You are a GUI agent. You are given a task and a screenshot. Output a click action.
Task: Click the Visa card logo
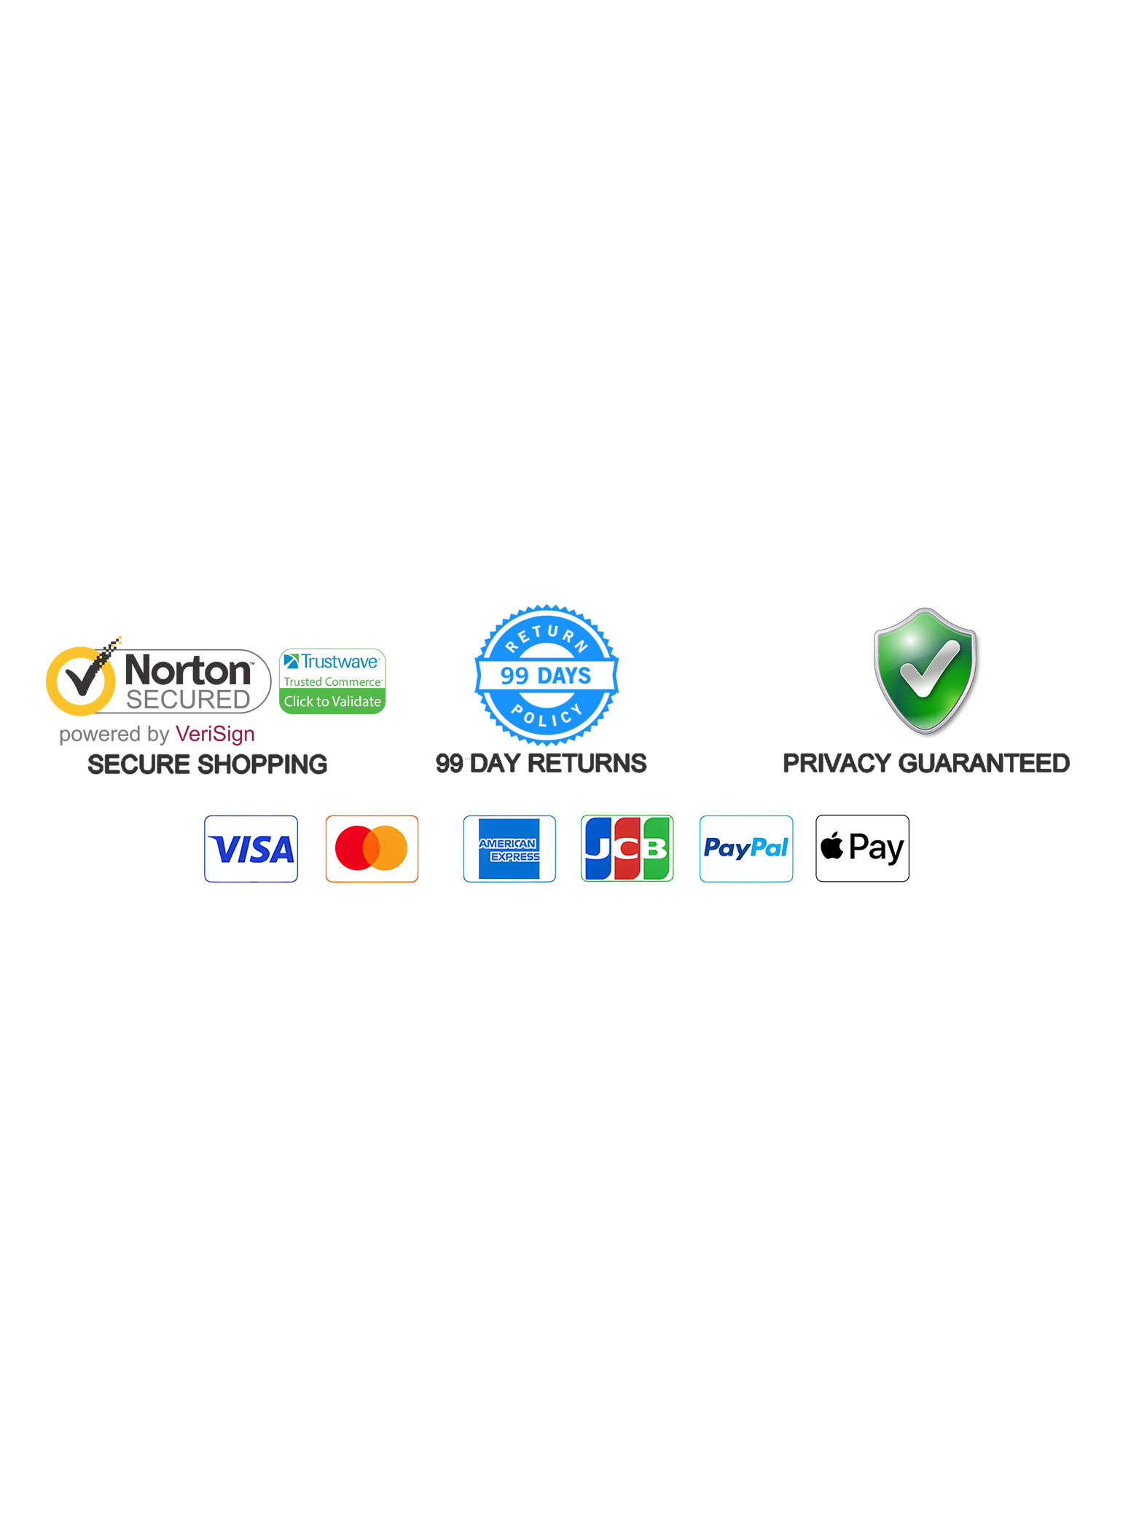tap(251, 849)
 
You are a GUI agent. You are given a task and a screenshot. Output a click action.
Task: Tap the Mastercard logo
tap(372, 849)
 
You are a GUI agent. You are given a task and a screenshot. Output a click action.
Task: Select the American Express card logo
tap(509, 849)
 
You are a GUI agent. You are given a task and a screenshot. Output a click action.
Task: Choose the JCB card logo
tap(627, 849)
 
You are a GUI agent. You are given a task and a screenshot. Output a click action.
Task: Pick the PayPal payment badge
tap(745, 848)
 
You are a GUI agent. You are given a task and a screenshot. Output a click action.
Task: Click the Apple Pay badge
tap(862, 849)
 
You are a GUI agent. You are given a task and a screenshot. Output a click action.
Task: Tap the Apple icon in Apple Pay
tap(831, 847)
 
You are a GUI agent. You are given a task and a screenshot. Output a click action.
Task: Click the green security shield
tap(925, 669)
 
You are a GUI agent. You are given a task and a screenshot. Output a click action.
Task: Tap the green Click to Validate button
tap(332, 701)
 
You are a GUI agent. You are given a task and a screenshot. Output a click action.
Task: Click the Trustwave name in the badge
tap(340, 662)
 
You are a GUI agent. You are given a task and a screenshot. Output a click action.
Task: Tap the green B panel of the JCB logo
tap(656, 849)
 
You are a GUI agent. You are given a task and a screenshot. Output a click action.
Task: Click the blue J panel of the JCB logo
tap(598, 849)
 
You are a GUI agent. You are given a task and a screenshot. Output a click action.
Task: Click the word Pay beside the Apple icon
tap(877, 848)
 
